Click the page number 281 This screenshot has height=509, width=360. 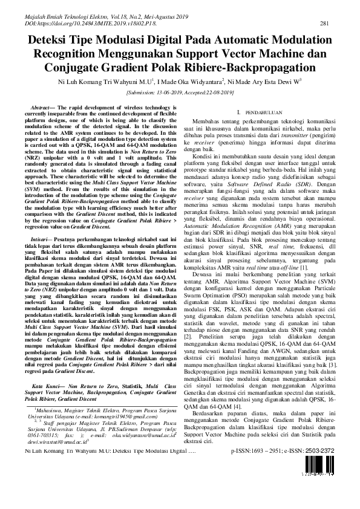pyautogui.click(x=324, y=23)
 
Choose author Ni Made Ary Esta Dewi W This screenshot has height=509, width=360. pyautogui.click(x=264, y=81)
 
